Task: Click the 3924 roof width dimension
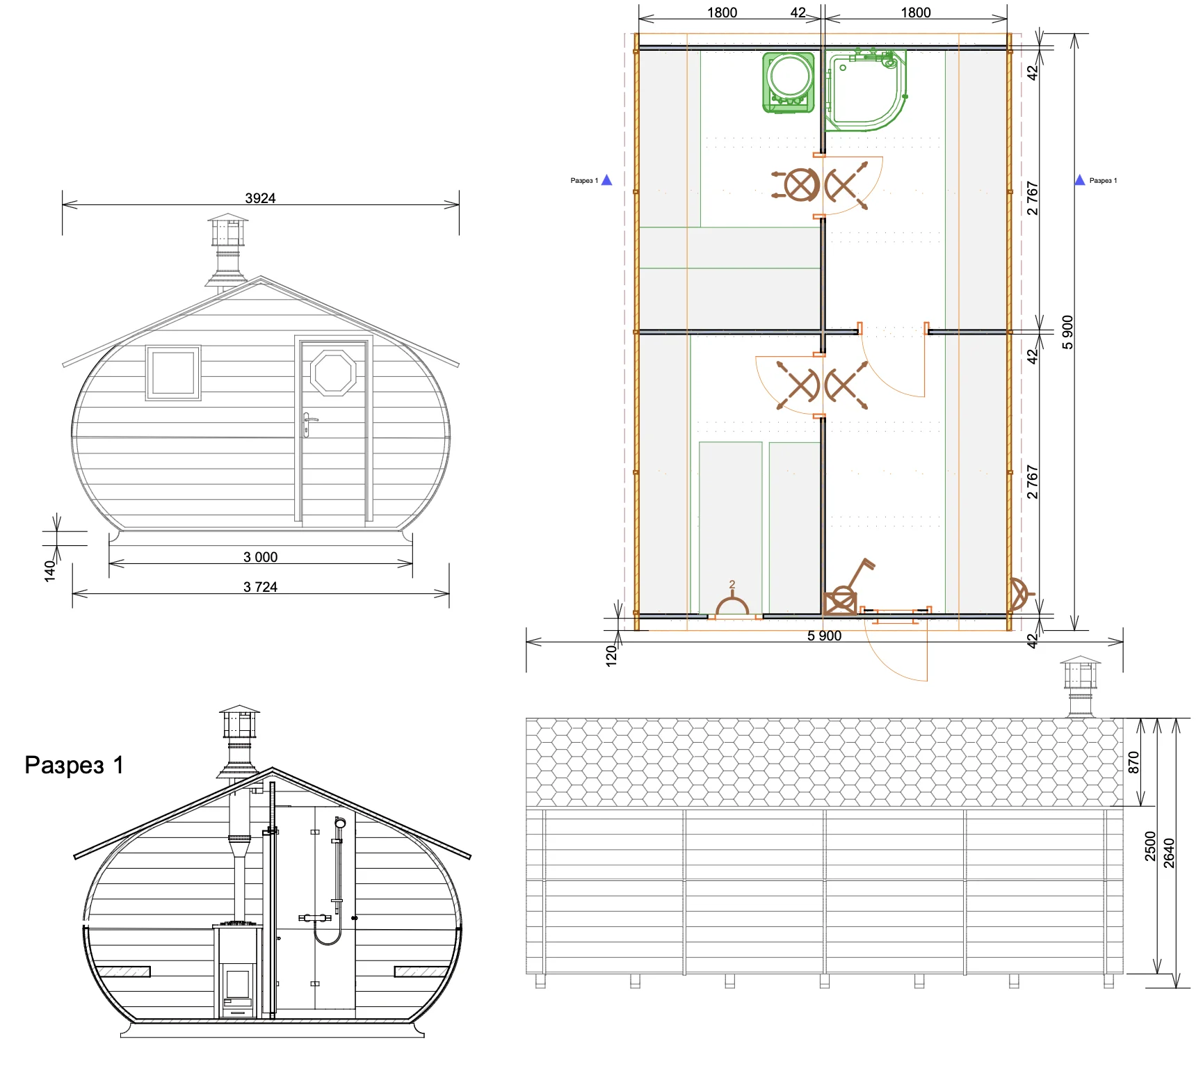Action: (260, 198)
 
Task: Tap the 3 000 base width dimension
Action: (260, 557)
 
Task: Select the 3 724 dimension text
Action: (260, 587)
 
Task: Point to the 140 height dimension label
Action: (49, 571)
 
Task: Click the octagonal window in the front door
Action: (333, 373)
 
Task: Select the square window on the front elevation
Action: (173, 373)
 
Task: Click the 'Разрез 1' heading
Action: (74, 765)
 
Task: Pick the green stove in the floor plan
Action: (789, 82)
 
